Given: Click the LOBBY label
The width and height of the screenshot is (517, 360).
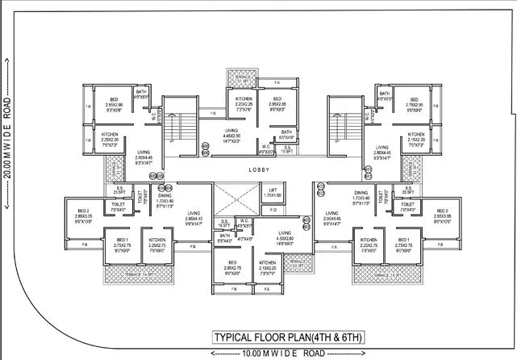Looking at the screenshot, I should point(259,170).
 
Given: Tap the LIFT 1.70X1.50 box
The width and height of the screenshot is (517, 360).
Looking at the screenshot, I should point(272,193).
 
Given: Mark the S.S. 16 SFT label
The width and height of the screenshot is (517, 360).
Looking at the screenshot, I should point(224,224).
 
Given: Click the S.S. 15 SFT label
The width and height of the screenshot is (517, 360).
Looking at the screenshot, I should point(287,149).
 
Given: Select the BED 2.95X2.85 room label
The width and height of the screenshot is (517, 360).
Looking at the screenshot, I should point(277,103).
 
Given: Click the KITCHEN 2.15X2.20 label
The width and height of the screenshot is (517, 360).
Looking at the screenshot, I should point(416,138).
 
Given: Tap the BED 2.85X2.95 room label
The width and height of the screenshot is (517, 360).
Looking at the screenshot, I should point(113,103).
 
